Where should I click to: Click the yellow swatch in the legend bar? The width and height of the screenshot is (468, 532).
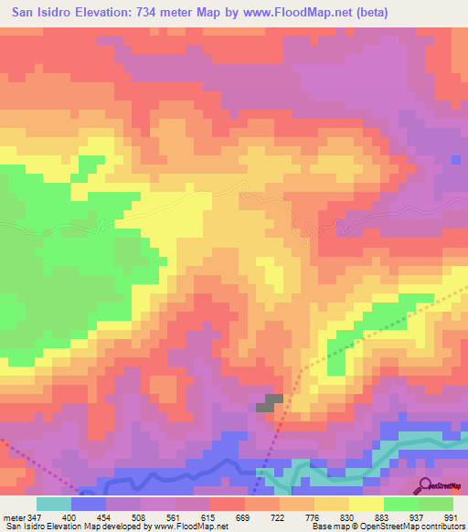367,504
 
